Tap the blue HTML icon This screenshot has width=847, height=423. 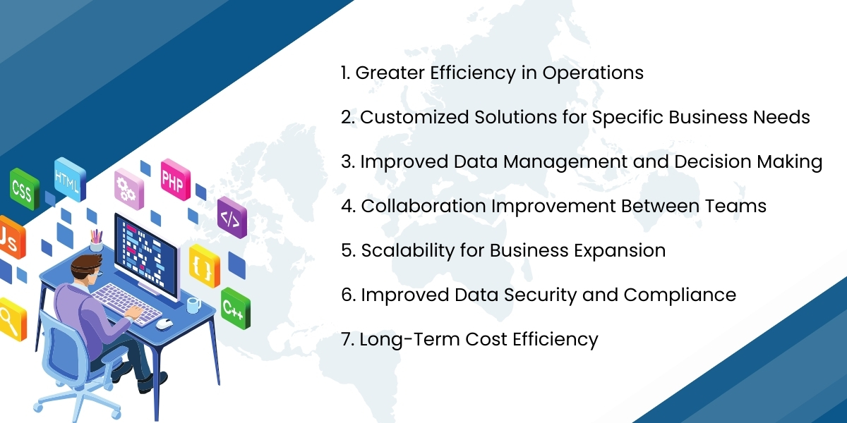(68, 178)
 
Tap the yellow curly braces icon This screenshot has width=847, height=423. (204, 266)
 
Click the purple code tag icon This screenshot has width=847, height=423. (231, 217)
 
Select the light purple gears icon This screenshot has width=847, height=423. (128, 188)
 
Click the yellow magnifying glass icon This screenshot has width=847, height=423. (10, 318)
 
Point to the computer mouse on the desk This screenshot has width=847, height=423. (164, 323)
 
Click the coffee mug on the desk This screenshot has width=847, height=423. (192, 304)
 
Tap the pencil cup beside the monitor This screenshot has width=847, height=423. (96, 242)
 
